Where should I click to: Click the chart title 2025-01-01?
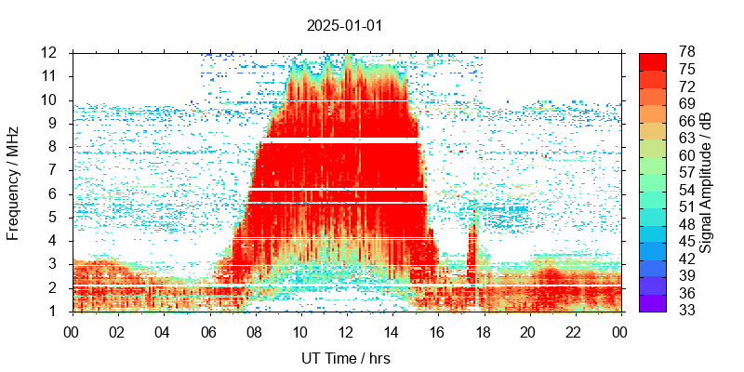point(344,25)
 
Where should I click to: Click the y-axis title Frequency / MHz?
point(14,181)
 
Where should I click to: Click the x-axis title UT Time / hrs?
point(344,358)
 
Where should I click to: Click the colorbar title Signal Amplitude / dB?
point(706,181)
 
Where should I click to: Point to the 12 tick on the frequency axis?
point(50,53)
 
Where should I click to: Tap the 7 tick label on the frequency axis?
point(54,170)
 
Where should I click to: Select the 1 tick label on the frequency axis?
point(54,312)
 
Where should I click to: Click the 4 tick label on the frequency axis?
point(54,241)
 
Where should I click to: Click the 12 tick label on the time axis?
point(346,330)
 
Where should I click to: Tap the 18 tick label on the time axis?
point(483,330)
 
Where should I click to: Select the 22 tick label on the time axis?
point(574,330)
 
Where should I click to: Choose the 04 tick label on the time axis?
point(164,330)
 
